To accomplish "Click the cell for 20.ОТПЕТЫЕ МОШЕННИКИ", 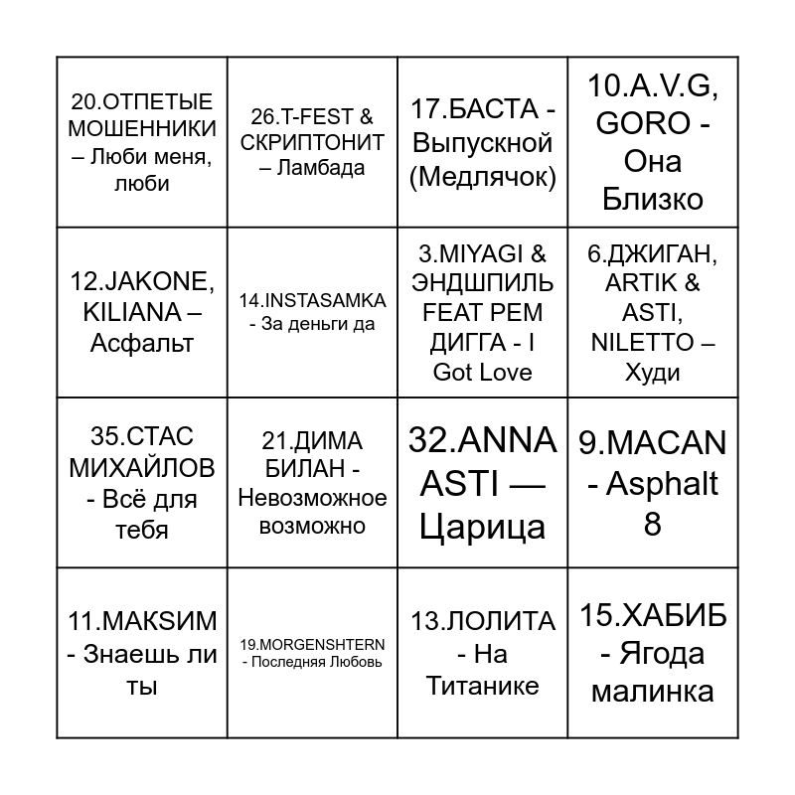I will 143,142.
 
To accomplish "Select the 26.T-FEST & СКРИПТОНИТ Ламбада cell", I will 312,142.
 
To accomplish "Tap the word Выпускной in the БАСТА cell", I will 482,142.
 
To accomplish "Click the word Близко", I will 652,199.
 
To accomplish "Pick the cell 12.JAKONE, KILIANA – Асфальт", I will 142,312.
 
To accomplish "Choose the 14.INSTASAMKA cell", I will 312,311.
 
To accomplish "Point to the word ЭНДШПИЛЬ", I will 483,282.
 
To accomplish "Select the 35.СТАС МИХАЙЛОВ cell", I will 142,483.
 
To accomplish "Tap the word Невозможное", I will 312,497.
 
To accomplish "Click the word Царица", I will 483,526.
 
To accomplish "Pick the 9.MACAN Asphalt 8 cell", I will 652,483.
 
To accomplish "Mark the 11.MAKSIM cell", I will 142,653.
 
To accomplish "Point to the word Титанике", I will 483,686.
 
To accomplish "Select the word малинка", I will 652,691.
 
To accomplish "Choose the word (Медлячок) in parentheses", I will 483,177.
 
